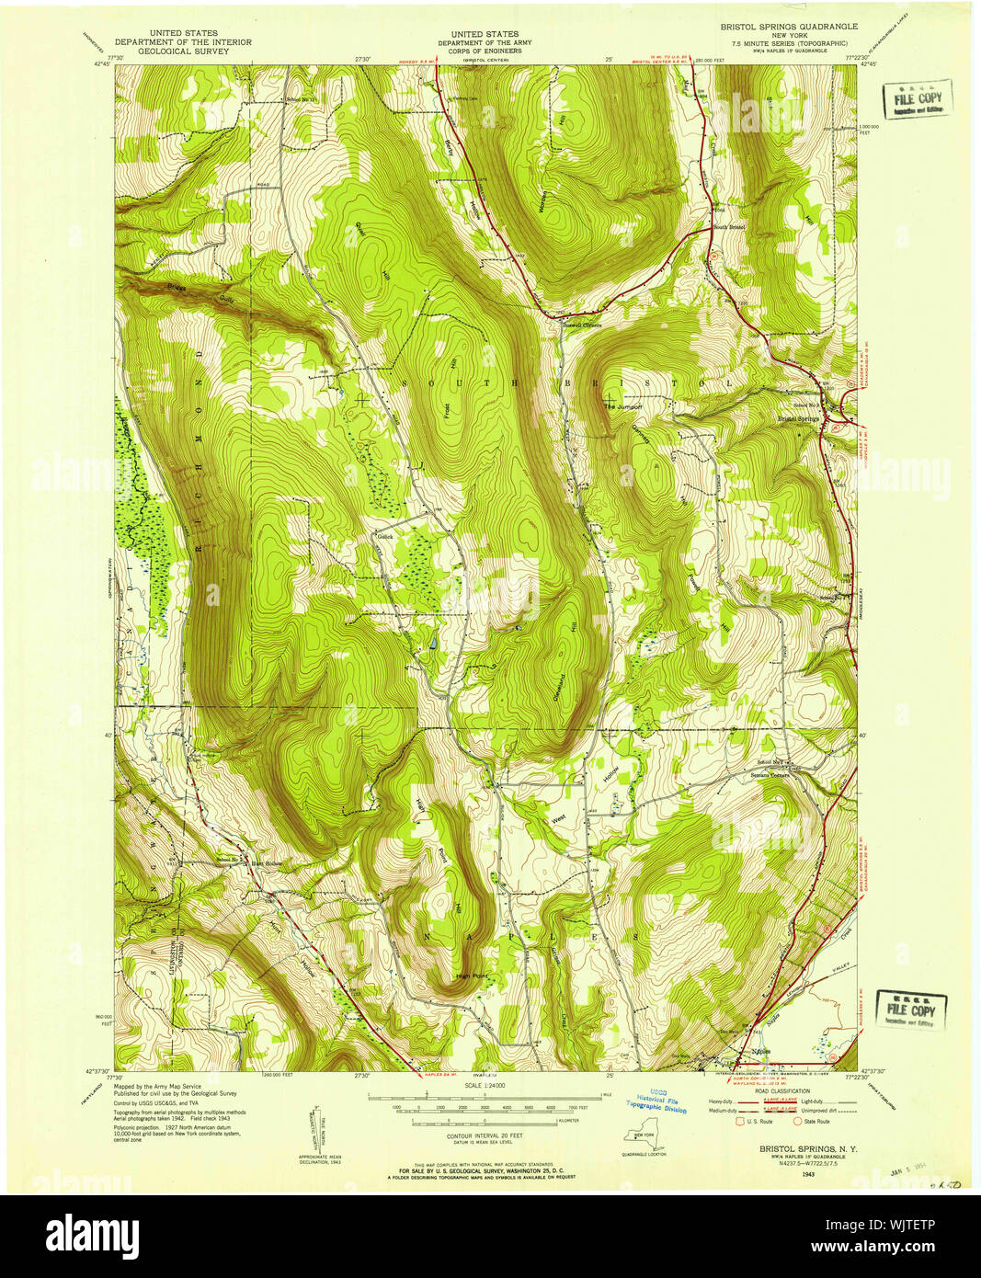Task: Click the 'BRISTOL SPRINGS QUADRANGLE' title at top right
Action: [x=788, y=27]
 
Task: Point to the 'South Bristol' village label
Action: [x=728, y=226]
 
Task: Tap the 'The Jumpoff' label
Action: [x=622, y=405]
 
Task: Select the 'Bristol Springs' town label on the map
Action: [x=798, y=419]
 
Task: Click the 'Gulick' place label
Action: [x=384, y=534]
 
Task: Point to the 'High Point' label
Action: [x=472, y=976]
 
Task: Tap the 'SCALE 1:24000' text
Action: [x=485, y=1087]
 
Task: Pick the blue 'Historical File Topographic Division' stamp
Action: [x=657, y=1103]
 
